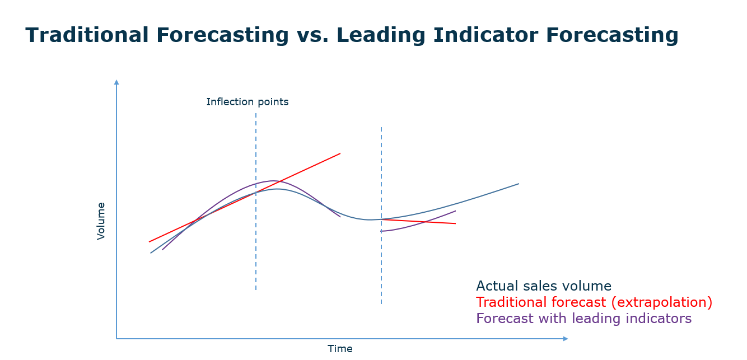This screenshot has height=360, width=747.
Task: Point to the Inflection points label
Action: pyautogui.click(x=248, y=102)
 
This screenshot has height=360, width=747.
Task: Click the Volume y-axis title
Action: pyautogui.click(x=101, y=221)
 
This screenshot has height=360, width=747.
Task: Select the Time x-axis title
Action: pyautogui.click(x=340, y=349)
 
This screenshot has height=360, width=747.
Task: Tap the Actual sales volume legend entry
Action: pyautogui.click(x=543, y=286)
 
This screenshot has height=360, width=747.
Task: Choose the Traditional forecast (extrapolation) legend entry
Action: pyautogui.click(x=594, y=302)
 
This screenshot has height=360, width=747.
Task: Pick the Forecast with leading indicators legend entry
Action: pyautogui.click(x=583, y=319)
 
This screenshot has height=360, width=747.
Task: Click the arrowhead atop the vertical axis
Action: pyautogui.click(x=116, y=82)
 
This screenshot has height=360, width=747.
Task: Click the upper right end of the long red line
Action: pyautogui.click(x=340, y=153)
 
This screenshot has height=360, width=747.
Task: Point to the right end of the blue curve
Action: pyautogui.click(x=519, y=184)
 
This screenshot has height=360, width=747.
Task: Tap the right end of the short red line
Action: pyautogui.click(x=455, y=223)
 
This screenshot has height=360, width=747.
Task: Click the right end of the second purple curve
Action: pyautogui.click(x=455, y=211)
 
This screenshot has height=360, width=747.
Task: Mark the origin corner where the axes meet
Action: pyautogui.click(x=116, y=339)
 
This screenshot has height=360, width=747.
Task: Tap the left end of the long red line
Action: pyautogui.click(x=150, y=241)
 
